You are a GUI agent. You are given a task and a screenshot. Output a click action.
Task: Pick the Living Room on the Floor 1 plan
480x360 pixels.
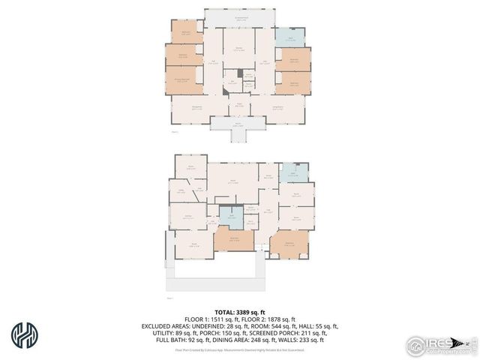click(x=277, y=110)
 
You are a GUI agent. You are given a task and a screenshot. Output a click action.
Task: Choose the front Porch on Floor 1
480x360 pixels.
click(x=238, y=124)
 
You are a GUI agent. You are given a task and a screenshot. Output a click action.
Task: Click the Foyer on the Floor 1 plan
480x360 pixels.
click(x=238, y=106)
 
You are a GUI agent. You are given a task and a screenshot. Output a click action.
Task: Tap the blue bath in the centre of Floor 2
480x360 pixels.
click(x=232, y=217)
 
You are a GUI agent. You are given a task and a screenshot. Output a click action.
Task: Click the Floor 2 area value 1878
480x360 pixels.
click(x=274, y=319)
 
